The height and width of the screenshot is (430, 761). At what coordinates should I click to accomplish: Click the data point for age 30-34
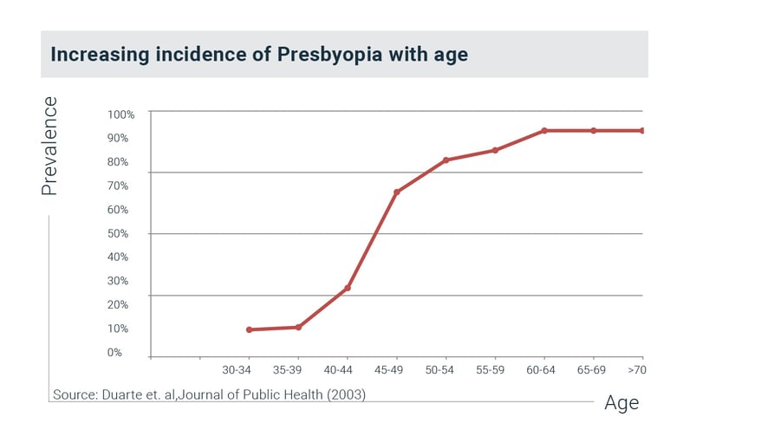249,329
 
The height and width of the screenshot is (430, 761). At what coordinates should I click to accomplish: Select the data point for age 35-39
298,327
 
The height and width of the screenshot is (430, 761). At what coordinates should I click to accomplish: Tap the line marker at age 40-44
348,288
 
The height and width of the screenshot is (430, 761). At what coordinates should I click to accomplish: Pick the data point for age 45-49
396,192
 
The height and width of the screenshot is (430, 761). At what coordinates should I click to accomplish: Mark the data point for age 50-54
446,160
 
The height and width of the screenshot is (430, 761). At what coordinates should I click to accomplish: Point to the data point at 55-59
495,150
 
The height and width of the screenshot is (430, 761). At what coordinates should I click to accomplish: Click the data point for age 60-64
544,131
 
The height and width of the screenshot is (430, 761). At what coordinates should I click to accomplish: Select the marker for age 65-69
594,131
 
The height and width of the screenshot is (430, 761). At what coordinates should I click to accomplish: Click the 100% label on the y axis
120,114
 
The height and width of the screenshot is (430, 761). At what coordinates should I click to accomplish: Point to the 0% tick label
114,352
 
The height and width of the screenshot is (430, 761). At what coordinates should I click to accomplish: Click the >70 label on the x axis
636,370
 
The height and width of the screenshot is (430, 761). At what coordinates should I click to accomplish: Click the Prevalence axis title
50,146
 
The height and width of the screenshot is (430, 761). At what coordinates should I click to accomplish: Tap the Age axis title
621,403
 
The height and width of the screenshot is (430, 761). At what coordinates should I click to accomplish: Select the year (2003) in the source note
345,395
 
